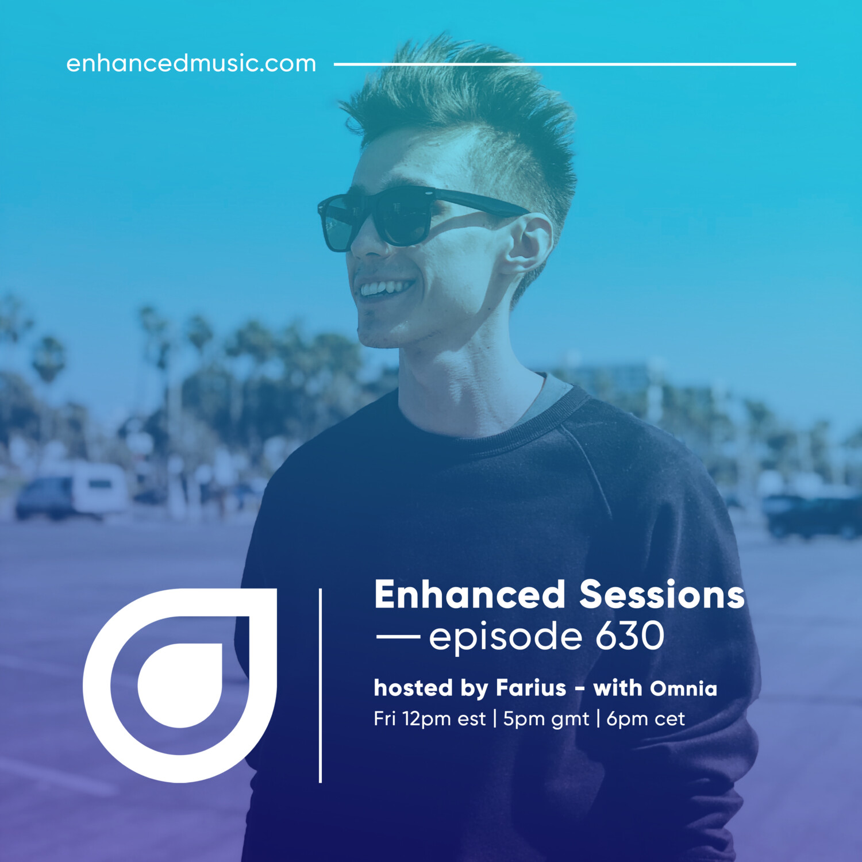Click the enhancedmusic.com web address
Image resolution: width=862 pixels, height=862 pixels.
pyautogui.click(x=191, y=63)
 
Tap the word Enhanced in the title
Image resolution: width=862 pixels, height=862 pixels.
pyautogui.click(x=470, y=594)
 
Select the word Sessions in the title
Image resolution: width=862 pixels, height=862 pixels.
pyautogui.click(x=662, y=594)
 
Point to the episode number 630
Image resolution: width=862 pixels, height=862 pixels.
pyautogui.click(x=630, y=636)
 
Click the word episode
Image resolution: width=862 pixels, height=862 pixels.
pyautogui.click(x=506, y=638)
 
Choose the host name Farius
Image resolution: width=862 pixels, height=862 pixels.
pyautogui.click(x=531, y=687)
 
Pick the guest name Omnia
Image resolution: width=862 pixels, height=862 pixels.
pyautogui.click(x=684, y=688)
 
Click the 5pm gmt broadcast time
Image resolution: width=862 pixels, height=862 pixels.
pyautogui.click(x=546, y=719)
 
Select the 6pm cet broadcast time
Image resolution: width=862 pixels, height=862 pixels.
pyautogui.click(x=645, y=719)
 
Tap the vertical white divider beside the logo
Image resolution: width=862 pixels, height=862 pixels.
pyautogui.click(x=320, y=685)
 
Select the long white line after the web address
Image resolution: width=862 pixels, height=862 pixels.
pyautogui.click(x=565, y=64)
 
